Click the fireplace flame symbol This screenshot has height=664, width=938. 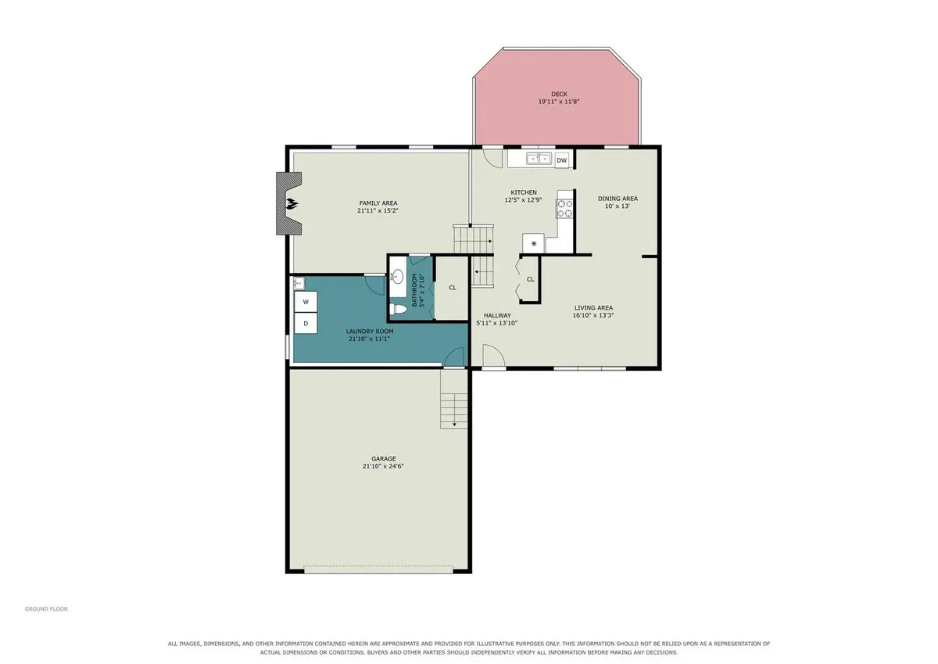click(292, 204)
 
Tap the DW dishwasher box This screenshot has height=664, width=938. click(561, 160)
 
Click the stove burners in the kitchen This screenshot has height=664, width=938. click(564, 209)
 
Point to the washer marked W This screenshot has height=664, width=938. click(306, 302)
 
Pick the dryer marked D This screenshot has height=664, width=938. click(306, 323)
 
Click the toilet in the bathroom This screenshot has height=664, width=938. click(398, 309)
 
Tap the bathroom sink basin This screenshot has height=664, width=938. click(397, 277)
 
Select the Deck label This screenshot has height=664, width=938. click(559, 95)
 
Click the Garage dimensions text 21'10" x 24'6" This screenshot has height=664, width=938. click(383, 466)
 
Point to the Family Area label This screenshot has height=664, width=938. click(378, 203)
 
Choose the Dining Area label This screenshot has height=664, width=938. click(618, 199)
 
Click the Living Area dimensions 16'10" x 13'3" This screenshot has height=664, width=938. click(593, 315)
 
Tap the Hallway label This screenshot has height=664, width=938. click(497, 315)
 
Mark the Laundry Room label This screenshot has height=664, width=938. click(370, 331)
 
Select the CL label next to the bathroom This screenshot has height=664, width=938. click(453, 288)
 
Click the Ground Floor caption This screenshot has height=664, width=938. click(46, 608)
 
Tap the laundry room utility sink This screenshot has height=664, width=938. click(299, 284)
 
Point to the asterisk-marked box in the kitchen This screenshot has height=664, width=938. click(533, 243)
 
